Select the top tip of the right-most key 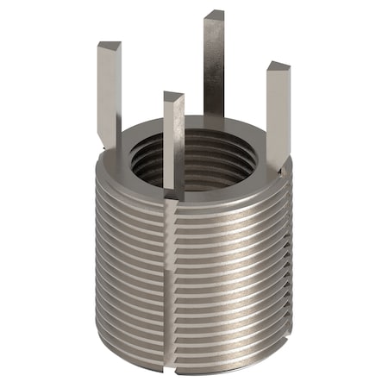pyautogui.click(x=277, y=67)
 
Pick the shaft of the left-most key pyautogui.click(x=110, y=95)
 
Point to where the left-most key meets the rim pyautogui.click(x=111, y=142)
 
